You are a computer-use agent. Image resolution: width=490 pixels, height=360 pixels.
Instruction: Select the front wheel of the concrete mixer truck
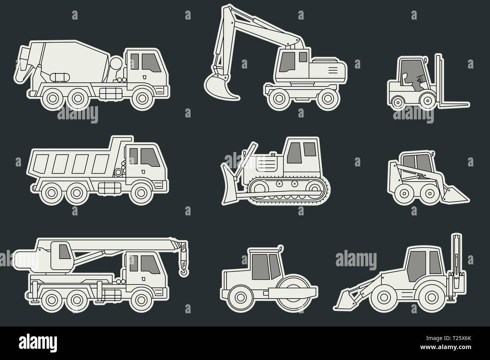coord(142,98)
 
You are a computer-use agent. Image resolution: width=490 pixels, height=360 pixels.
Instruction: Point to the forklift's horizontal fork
coord(453,105)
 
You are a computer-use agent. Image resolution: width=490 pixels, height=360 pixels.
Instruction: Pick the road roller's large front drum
coord(293,293)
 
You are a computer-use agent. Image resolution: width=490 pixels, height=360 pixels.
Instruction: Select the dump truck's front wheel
coord(141,193)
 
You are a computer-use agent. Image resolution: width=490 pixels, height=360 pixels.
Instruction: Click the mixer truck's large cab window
coord(151,63)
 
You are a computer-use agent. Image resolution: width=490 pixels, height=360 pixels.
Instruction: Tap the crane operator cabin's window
coord(65,252)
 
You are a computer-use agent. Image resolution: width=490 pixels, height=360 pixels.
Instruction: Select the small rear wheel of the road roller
coord(240,297)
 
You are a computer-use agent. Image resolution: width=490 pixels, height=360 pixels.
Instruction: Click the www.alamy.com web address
coord(446,347)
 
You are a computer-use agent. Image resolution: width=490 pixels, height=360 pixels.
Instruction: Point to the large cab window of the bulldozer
coord(294,153)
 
